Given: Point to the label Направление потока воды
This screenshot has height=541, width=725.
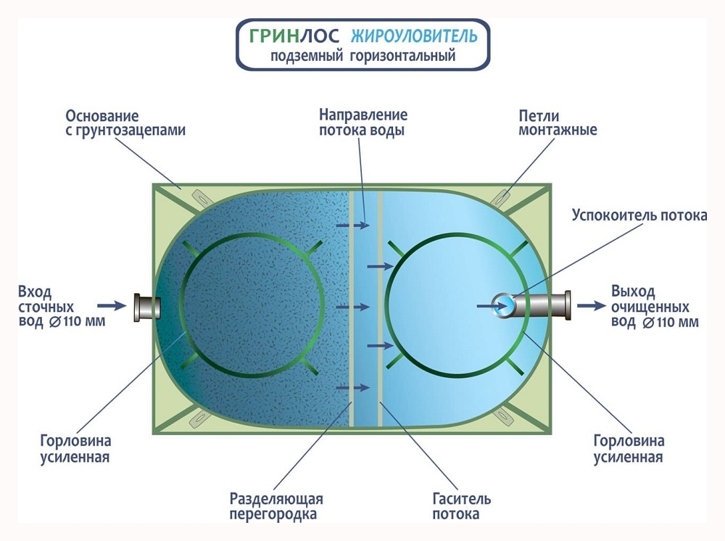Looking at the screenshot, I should pos(362,123).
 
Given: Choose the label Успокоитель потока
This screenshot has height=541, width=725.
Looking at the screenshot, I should pos(639,215).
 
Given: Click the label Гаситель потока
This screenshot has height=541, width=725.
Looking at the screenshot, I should pos(462,507).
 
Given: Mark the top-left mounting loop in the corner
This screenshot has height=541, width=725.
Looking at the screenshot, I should pos(197,196).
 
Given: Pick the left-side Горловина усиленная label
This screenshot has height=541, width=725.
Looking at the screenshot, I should pos(85,449).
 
